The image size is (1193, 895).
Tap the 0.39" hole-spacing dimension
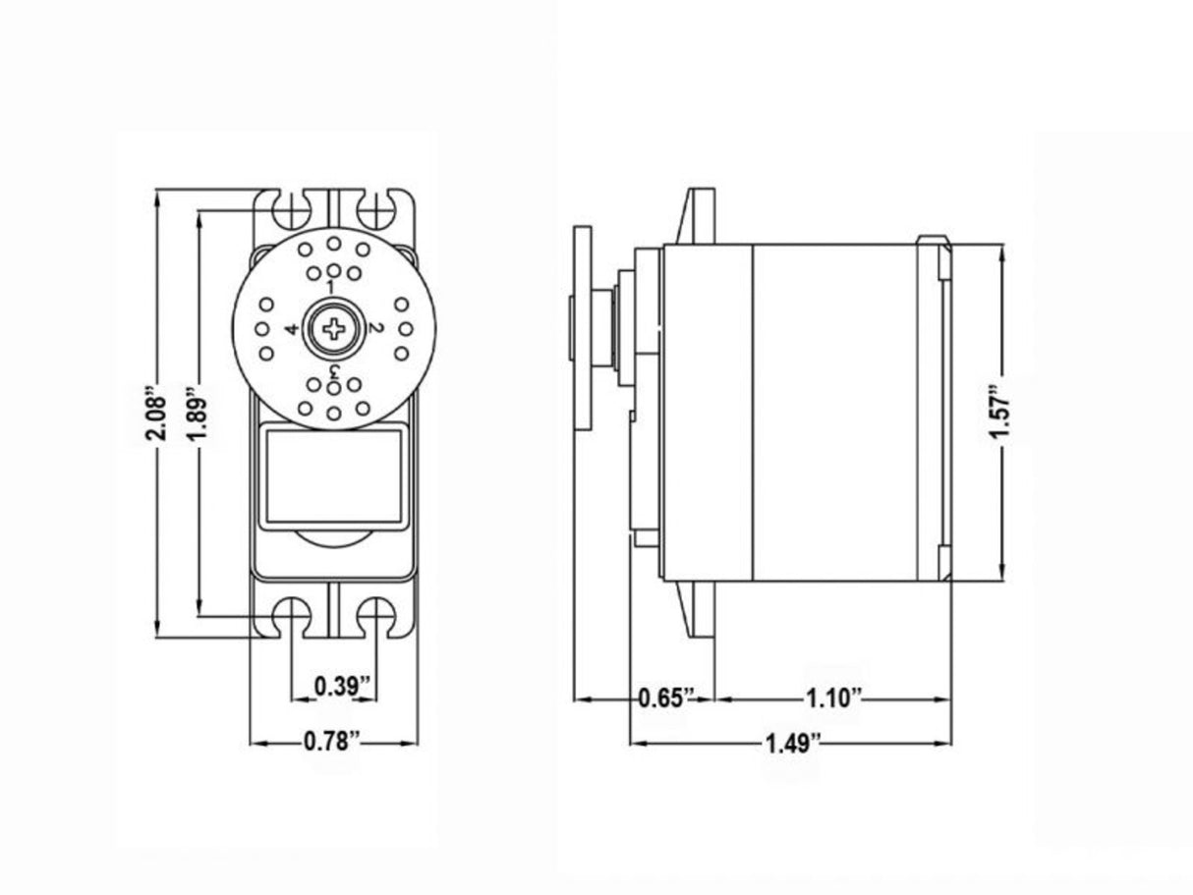point(334,686)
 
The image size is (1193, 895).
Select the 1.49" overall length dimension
point(792,743)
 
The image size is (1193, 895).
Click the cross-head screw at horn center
point(333,329)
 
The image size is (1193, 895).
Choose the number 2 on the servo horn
point(374,328)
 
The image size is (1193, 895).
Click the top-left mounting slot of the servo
point(292,209)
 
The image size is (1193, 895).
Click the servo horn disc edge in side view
point(584,329)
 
